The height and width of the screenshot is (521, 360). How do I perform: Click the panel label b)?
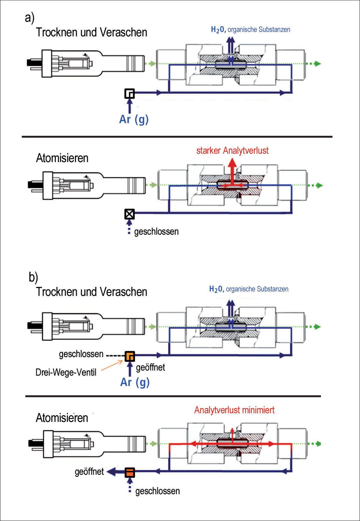coord(33,277)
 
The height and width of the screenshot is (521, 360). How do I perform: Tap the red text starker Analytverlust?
coord(232,151)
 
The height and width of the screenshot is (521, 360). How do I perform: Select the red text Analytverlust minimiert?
coord(234,410)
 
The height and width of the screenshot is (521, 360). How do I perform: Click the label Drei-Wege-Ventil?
coord(66,372)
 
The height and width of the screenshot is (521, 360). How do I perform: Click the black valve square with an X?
coord(130,214)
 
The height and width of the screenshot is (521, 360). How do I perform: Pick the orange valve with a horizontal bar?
coord(130,472)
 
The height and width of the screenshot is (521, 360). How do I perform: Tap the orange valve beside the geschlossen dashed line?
coord(130,356)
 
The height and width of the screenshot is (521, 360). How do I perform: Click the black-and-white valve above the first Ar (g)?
coord(130,94)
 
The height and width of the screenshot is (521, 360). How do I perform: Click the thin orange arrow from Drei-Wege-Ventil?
coord(112,366)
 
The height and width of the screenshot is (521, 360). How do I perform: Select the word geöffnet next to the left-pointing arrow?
coord(89,472)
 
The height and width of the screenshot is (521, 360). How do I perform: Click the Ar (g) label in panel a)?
coord(134,119)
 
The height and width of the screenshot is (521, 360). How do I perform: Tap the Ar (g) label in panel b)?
coord(135,382)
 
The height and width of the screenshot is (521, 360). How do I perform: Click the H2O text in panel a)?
coord(218,29)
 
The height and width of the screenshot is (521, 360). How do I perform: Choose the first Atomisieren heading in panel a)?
coord(62,158)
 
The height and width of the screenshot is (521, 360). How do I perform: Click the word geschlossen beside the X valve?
coord(156,232)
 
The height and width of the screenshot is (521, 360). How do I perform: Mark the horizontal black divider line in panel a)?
coord(177,137)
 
